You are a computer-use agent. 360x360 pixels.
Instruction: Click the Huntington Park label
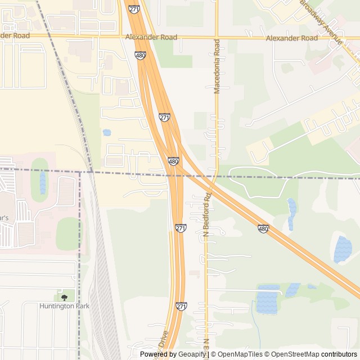click(64, 306)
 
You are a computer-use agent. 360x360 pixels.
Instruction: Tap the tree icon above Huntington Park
click(64, 296)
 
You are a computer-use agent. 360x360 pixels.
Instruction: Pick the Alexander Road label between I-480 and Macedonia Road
click(151, 38)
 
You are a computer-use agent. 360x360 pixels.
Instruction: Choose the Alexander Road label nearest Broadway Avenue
click(292, 38)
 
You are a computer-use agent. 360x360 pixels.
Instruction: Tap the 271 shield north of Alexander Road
click(150, 10)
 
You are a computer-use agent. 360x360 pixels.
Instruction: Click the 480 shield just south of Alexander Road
click(141, 55)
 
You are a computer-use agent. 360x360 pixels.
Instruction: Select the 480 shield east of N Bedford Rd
click(263, 229)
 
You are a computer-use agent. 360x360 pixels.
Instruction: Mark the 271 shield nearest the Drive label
click(181, 307)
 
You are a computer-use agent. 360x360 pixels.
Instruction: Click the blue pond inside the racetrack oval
click(43, 182)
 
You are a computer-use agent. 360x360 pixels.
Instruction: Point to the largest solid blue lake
click(343, 249)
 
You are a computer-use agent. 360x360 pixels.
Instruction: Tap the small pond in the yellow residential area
click(107, 133)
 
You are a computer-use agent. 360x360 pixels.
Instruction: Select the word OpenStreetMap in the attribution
click(298, 354)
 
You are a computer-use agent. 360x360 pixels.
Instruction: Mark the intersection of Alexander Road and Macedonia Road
click(217, 38)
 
